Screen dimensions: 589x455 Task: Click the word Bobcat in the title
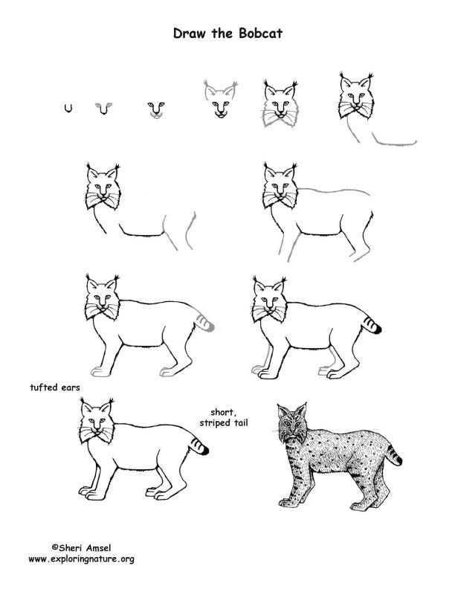(262, 33)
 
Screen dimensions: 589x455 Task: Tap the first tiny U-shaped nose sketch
(68, 109)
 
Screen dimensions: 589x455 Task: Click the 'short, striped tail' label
(224, 417)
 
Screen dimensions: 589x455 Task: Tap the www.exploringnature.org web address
(82, 559)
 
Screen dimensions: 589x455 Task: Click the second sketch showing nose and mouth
(104, 109)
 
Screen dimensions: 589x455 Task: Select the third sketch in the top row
(155, 109)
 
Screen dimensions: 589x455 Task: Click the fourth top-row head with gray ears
(219, 102)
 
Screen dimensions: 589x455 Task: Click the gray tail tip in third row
(210, 326)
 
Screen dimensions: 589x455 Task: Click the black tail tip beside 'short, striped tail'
(204, 450)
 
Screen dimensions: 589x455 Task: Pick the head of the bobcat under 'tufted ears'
(97, 424)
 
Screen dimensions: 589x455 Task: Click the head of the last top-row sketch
(356, 97)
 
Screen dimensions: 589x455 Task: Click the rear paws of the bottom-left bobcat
(160, 492)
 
